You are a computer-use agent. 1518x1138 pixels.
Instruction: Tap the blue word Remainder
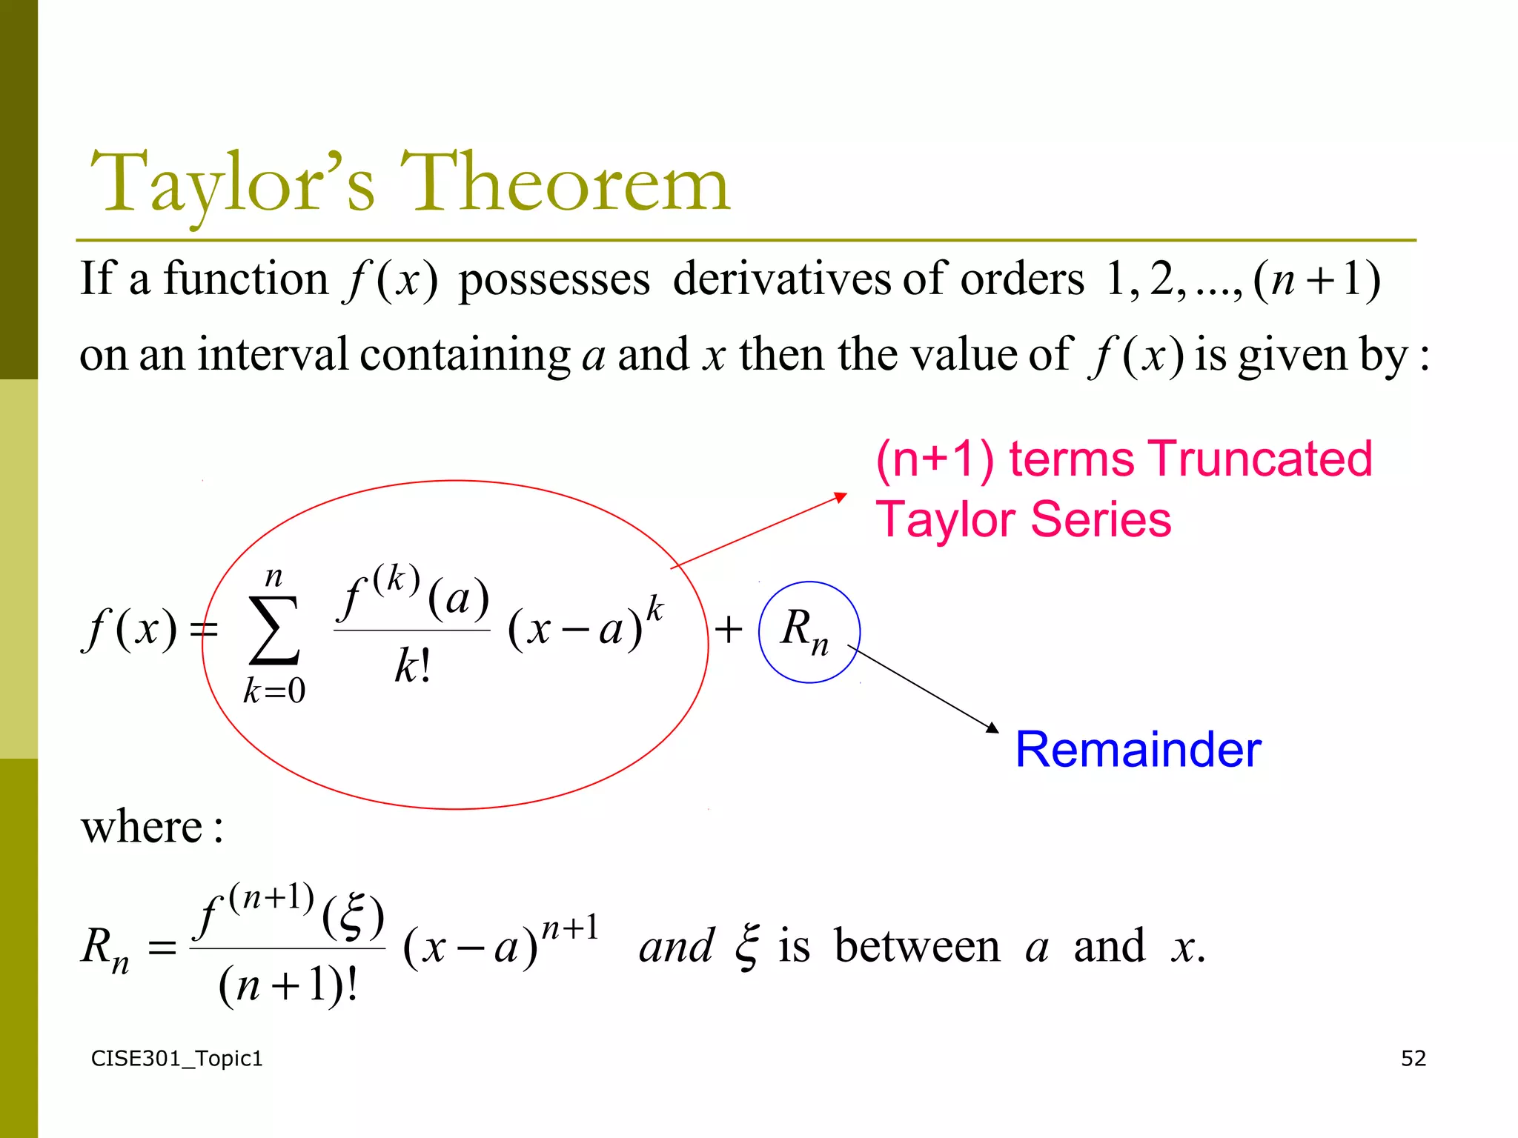[x=1138, y=749]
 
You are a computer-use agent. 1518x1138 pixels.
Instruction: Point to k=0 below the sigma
[x=274, y=691]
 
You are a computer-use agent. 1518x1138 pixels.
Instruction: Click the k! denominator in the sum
[x=412, y=665]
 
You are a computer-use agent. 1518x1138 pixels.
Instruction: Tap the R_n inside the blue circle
[x=805, y=631]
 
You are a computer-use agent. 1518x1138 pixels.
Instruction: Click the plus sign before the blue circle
[x=729, y=630]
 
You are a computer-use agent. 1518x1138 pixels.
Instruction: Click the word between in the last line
[x=917, y=946]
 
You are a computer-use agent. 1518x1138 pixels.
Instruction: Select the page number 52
[x=1413, y=1058]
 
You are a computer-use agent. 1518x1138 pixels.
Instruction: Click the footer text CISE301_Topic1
[x=176, y=1058]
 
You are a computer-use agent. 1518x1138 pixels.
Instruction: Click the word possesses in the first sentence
[x=554, y=280]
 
